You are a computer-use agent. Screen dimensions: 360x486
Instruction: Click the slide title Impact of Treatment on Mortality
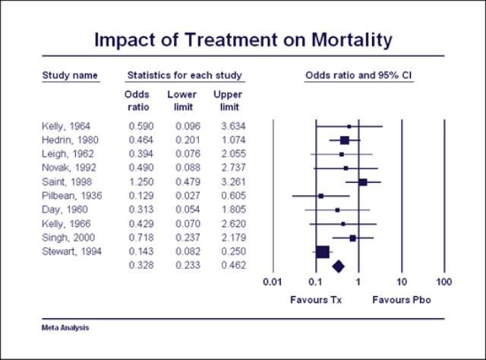[x=242, y=39]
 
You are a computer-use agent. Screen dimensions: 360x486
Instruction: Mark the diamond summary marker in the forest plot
[x=339, y=265]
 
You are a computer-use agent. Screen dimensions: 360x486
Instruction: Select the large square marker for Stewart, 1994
[x=323, y=251]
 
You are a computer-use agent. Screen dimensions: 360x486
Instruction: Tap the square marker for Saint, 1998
[x=363, y=182]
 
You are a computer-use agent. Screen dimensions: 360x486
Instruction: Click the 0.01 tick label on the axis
[x=272, y=283]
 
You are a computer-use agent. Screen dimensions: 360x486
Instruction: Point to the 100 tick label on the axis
[x=445, y=283]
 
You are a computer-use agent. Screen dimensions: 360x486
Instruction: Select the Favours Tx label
[x=316, y=300]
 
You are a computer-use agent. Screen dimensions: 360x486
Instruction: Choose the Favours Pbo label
[x=402, y=300]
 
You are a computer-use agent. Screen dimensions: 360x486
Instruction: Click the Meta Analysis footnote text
[x=65, y=328]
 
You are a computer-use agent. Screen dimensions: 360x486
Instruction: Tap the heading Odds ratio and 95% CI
[x=358, y=75]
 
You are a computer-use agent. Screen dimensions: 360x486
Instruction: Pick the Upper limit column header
[x=228, y=99]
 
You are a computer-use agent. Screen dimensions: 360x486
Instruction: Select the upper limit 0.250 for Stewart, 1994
[x=229, y=251]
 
